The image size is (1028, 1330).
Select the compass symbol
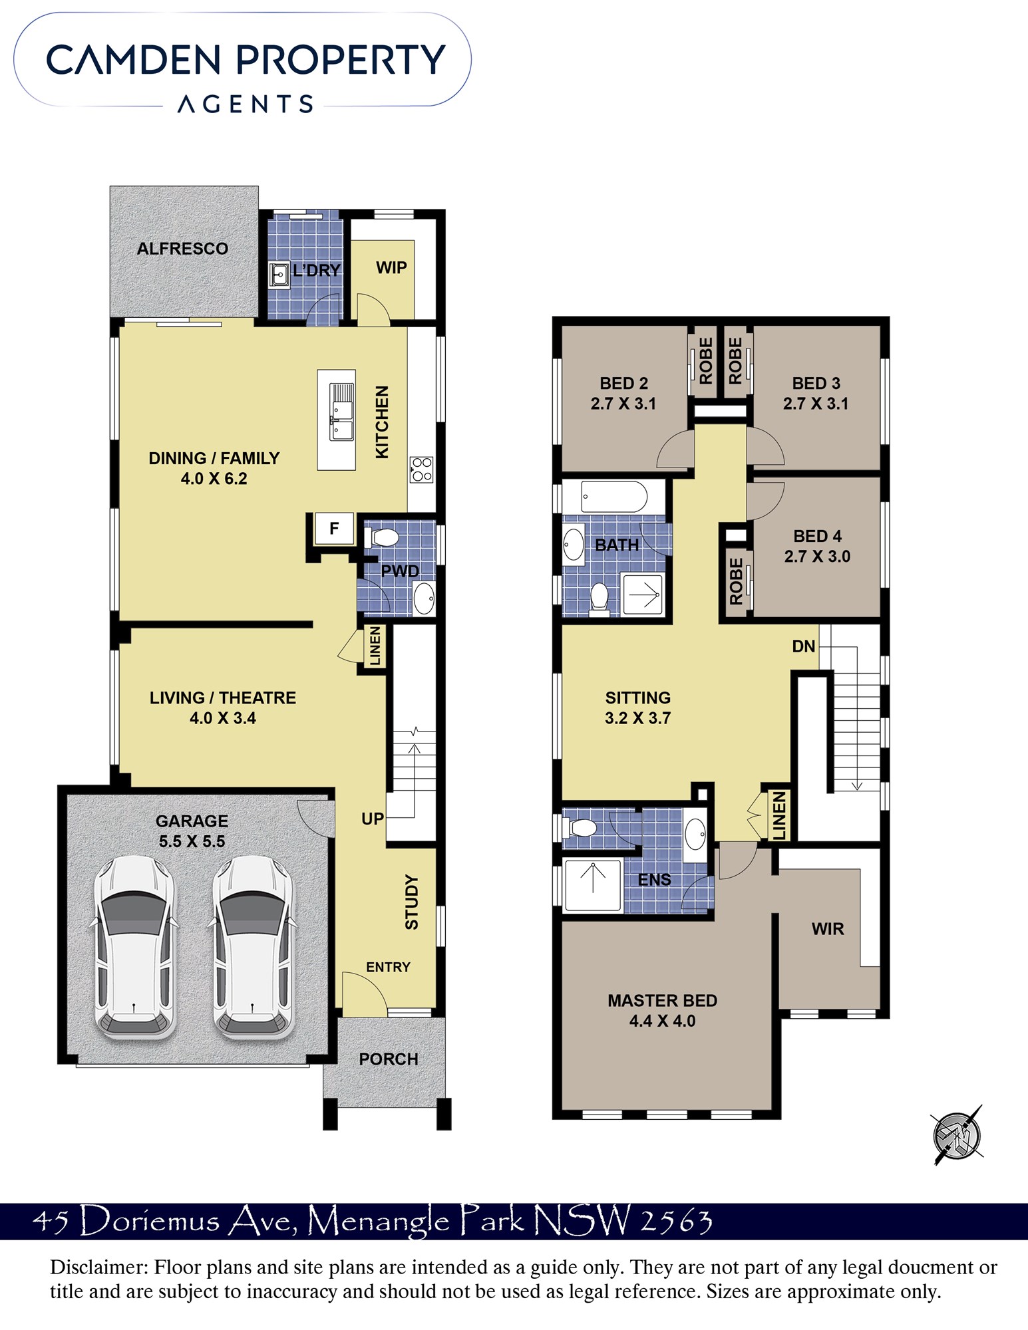tap(957, 1136)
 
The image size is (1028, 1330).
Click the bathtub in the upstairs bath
tap(613, 497)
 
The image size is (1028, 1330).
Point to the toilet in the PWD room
tap(381, 537)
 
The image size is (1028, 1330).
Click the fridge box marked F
tap(334, 529)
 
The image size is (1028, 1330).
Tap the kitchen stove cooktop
tap(422, 469)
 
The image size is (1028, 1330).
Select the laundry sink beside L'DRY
tap(279, 275)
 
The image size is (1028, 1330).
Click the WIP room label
tap(391, 267)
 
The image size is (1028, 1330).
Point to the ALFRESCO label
tap(182, 249)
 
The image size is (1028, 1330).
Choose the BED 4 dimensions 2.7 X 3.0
tap(817, 556)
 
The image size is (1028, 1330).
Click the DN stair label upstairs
tap(804, 646)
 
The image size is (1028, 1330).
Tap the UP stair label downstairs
tap(373, 819)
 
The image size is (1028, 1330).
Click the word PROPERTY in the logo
tap(341, 59)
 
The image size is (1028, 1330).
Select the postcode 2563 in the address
tap(676, 1221)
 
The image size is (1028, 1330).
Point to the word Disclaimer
tap(99, 1267)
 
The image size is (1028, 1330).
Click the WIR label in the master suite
tap(828, 929)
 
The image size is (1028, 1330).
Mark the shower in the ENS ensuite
tap(593, 884)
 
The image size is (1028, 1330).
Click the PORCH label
tap(389, 1059)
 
